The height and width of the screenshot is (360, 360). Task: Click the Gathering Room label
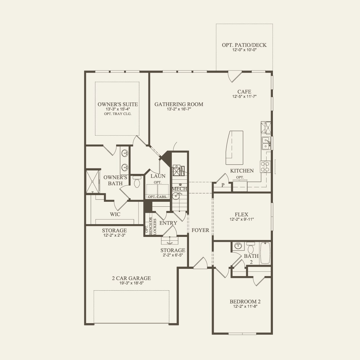click(x=179, y=104)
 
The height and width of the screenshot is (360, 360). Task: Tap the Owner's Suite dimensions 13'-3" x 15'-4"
click(x=118, y=109)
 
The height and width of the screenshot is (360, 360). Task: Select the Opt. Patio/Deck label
click(x=244, y=45)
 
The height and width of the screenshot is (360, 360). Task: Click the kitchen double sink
click(x=266, y=143)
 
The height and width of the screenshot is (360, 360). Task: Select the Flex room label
click(x=241, y=215)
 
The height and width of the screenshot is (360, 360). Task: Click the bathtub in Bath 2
click(x=265, y=253)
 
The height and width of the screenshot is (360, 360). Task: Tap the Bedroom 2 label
click(x=243, y=302)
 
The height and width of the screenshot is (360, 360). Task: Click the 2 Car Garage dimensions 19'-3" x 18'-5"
click(x=131, y=283)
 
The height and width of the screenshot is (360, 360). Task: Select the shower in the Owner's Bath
click(x=93, y=181)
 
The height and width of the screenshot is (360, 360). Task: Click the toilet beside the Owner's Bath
click(x=137, y=182)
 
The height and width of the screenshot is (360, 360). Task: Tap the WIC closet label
click(x=115, y=214)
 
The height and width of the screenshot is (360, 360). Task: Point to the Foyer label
click(x=200, y=230)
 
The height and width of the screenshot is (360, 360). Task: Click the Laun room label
click(x=158, y=176)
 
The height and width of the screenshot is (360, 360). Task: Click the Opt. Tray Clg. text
click(x=118, y=114)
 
